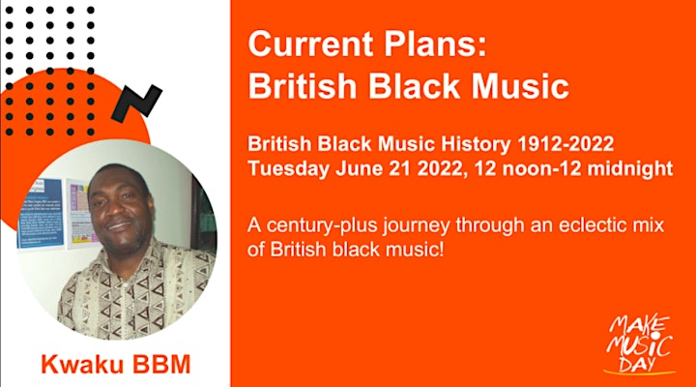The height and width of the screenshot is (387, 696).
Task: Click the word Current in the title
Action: pyautogui.click(x=311, y=44)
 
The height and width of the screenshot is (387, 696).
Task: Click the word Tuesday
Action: pyautogui.click(x=288, y=169)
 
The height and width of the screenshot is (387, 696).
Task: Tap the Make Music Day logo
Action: pyautogui.click(x=639, y=344)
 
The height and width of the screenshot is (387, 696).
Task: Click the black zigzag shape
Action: pyautogui.click(x=136, y=104)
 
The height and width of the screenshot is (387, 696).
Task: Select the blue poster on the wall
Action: pyautogui.click(x=41, y=213)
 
